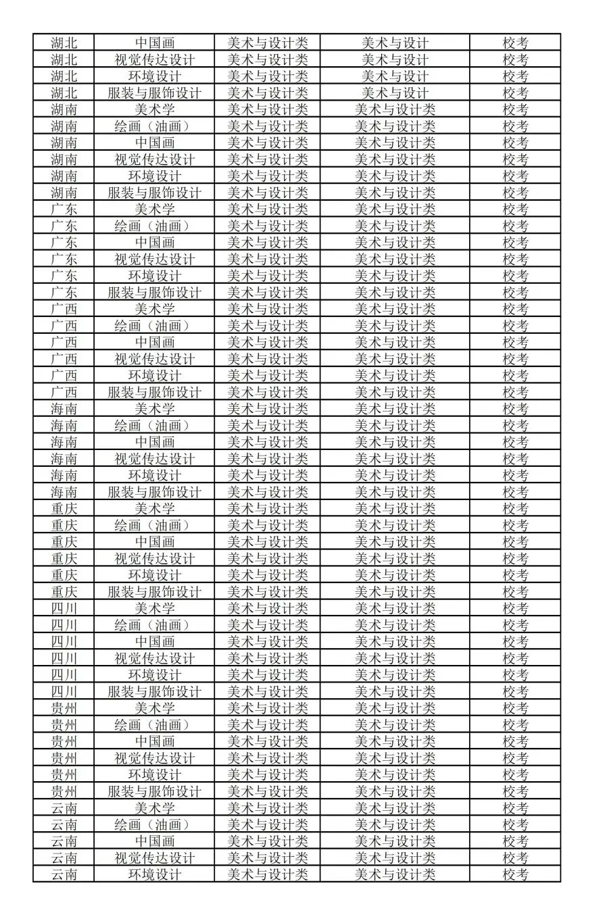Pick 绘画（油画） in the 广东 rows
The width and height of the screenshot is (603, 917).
pos(154,226)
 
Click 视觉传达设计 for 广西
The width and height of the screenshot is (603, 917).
pos(154,359)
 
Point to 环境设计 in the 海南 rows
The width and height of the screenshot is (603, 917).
pos(154,475)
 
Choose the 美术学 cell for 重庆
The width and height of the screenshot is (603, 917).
pos(154,508)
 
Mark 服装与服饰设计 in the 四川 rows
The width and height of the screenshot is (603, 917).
pos(154,691)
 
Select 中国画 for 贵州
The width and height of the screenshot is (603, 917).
pos(154,741)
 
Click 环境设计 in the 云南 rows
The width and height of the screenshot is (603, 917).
pos(154,874)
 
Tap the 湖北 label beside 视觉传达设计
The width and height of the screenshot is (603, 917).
pos(64,59)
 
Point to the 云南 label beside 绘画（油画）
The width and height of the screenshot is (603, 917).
pos(64,824)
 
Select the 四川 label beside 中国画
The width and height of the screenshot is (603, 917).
pos(64,641)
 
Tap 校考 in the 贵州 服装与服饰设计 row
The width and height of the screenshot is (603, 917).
pos(515,791)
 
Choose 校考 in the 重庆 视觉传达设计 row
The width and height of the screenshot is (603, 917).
pos(515,558)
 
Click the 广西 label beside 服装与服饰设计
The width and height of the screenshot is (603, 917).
pos(64,392)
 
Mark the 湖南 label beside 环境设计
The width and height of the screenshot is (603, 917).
pos(64,176)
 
